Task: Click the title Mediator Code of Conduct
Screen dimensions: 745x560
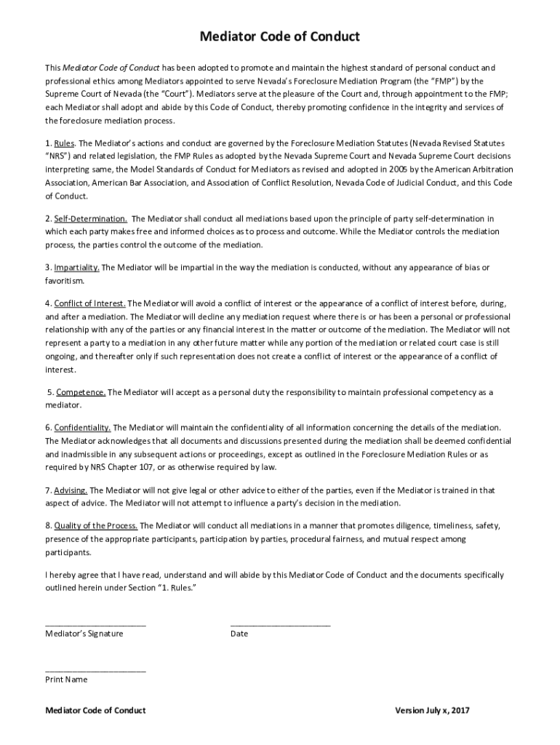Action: pyautogui.click(x=280, y=36)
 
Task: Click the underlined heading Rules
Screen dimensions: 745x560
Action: pyautogui.click(x=65, y=143)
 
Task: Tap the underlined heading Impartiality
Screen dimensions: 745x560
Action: pyautogui.click(x=77, y=268)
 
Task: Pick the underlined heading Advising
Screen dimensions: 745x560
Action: pyautogui.click(x=71, y=490)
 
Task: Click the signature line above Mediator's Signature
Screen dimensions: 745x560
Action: pyautogui.click(x=95, y=624)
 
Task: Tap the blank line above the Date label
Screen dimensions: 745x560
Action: pyautogui.click(x=280, y=624)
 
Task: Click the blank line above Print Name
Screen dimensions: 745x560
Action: pyautogui.click(x=95, y=670)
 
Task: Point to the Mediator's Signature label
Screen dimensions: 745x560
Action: pyautogui.click(x=84, y=634)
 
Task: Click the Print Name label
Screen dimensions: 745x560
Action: pyautogui.click(x=66, y=680)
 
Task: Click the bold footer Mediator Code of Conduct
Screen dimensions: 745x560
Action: pyautogui.click(x=95, y=710)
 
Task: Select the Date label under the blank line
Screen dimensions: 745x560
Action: pyautogui.click(x=239, y=634)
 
